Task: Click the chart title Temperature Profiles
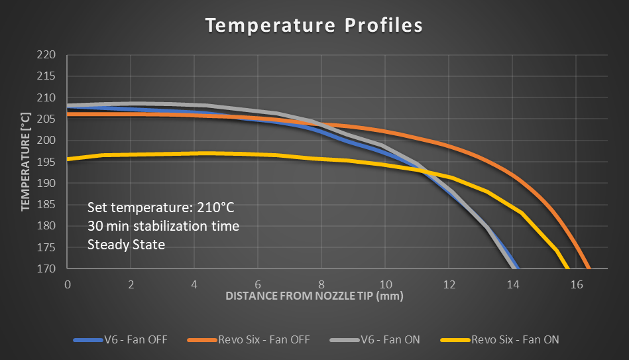314,25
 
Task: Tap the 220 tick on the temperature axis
46,54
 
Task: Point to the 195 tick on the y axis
46,162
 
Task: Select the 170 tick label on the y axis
46,269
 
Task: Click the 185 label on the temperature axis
46,204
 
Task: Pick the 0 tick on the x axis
68,284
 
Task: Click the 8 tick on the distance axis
321,284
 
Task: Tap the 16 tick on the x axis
577,284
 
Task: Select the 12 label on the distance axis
449,284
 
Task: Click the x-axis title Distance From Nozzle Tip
314,296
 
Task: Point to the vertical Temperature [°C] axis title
26,162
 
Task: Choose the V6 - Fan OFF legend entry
121,340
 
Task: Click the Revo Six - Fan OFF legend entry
249,340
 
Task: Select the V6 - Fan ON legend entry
375,340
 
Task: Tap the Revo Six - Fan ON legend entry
500,340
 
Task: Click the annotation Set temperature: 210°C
161,208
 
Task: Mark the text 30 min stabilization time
163,226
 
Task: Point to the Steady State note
126,245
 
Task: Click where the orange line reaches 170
589,268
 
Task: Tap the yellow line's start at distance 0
68,159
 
